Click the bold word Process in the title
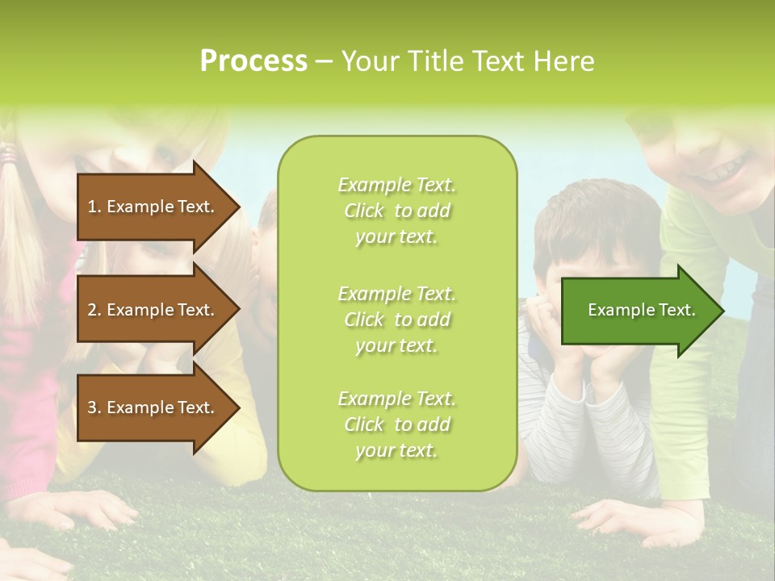pyautogui.click(x=253, y=61)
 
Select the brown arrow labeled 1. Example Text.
pyautogui.click(x=153, y=207)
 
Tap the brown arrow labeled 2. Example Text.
pyautogui.click(x=153, y=310)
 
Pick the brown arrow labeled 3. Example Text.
pyautogui.click(x=153, y=408)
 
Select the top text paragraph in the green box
pyautogui.click(x=396, y=211)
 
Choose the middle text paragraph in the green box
pyautogui.click(x=396, y=319)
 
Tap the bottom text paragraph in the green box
pyautogui.click(x=396, y=424)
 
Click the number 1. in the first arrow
pyautogui.click(x=94, y=207)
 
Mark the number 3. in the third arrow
pyautogui.click(x=94, y=408)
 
